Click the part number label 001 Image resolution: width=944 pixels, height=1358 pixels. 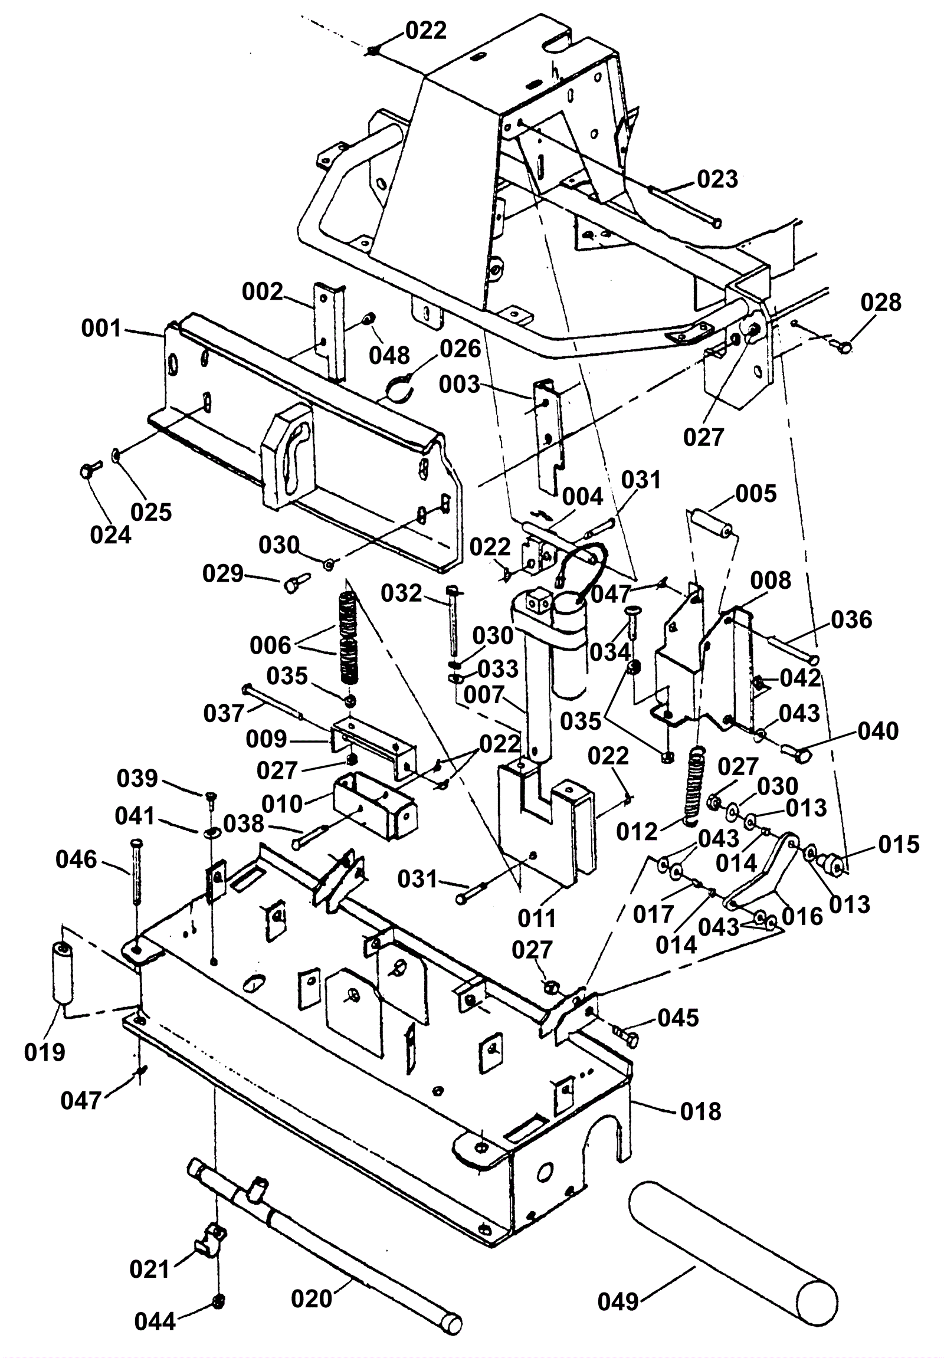(x=101, y=329)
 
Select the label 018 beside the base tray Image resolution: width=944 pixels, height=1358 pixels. (x=701, y=1111)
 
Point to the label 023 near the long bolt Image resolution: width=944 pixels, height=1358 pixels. (x=717, y=179)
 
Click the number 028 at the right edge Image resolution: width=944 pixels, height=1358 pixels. (x=881, y=303)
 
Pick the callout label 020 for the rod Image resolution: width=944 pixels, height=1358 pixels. (x=312, y=1299)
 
